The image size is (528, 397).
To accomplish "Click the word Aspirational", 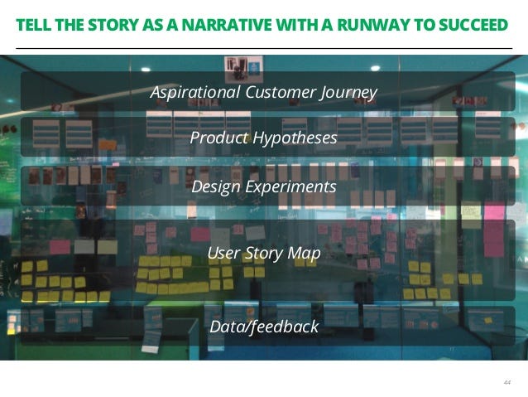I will [195, 92].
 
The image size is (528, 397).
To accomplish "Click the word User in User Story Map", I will [223, 253].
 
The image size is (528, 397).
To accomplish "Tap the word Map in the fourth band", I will [305, 254].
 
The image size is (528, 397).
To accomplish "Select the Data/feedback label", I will [264, 327].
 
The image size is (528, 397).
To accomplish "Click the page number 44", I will [506, 382].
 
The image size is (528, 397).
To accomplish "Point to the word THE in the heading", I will [70, 26].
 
